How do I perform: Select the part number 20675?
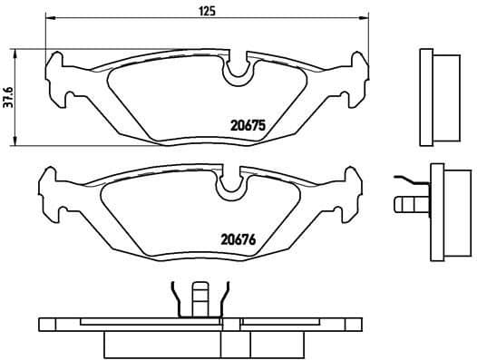(245, 127)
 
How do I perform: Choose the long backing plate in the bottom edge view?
(200, 324)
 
